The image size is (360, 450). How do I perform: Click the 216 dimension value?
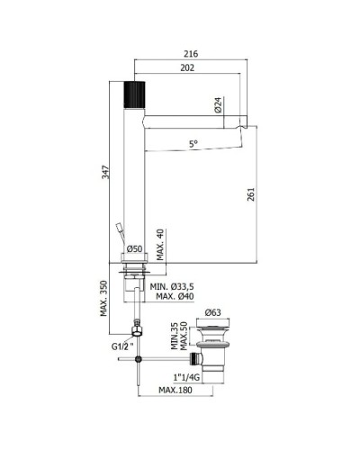coord(191,54)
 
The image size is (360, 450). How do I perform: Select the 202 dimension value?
coord(187,67)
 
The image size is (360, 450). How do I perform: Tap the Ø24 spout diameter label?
coord(218,105)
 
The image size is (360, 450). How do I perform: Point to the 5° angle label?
coord(193,144)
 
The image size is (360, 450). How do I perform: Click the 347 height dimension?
coord(105,172)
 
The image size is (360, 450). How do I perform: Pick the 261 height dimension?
coord(250,194)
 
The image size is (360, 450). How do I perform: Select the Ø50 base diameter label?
coord(134,248)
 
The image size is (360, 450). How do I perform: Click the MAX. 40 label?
coord(160,245)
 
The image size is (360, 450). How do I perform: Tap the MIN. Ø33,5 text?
coord(172,287)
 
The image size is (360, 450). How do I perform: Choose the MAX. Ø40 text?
coord(175,296)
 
